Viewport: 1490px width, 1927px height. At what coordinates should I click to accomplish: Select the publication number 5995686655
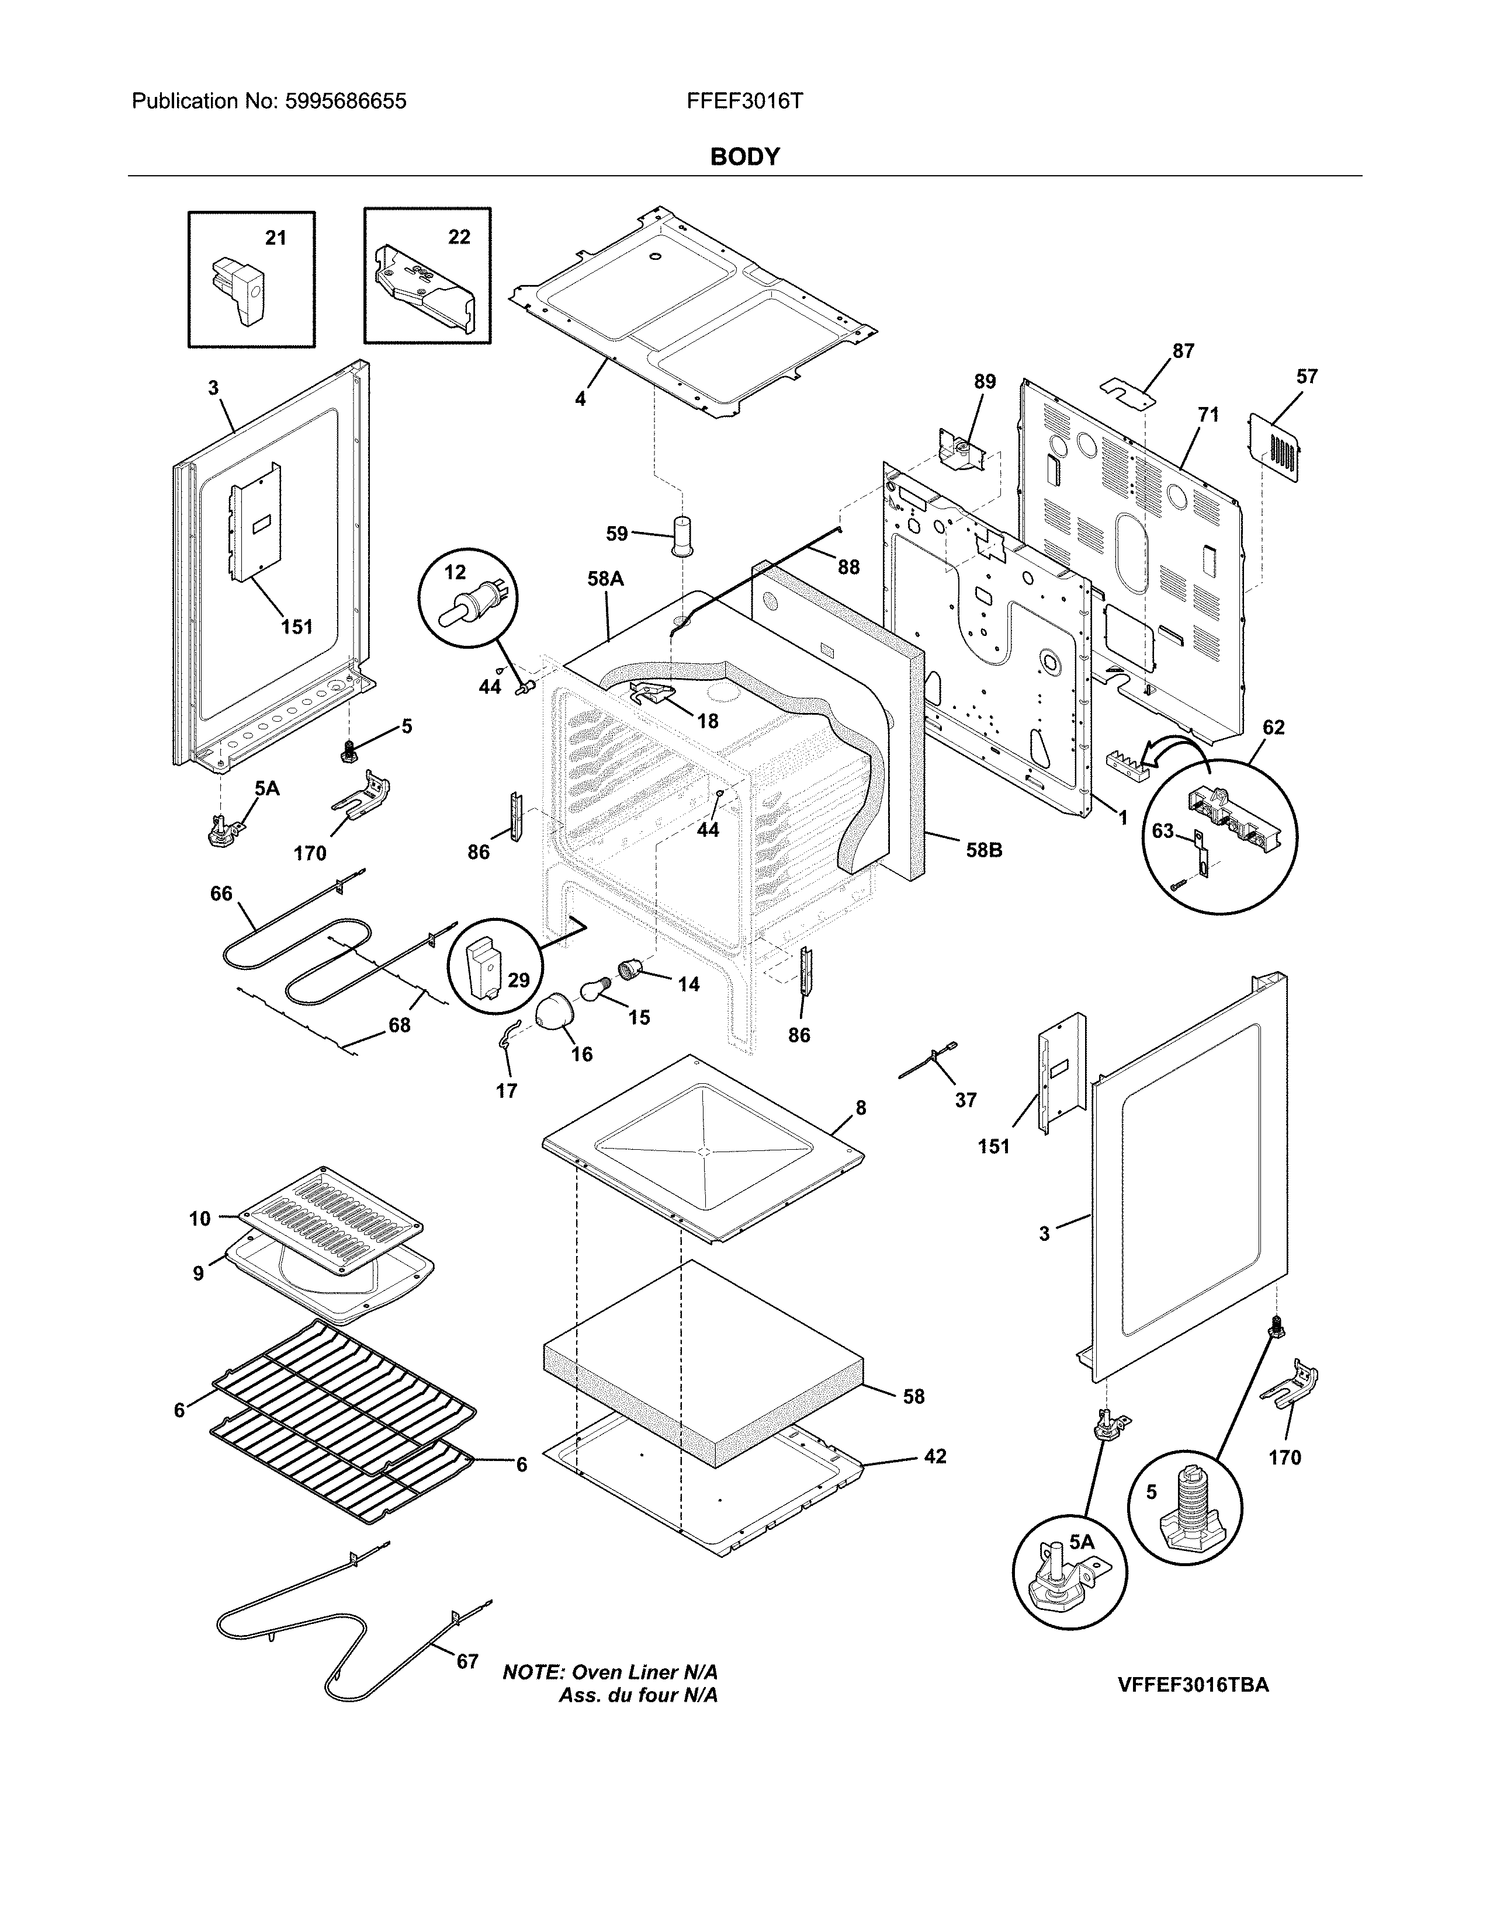point(345,102)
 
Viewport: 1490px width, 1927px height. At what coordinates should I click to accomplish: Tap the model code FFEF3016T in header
point(744,102)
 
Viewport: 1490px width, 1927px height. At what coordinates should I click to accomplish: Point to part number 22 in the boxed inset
point(459,237)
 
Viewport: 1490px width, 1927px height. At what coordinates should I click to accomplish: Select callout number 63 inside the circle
point(1163,830)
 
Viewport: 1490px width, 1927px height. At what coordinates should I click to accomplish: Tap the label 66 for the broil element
point(221,894)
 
